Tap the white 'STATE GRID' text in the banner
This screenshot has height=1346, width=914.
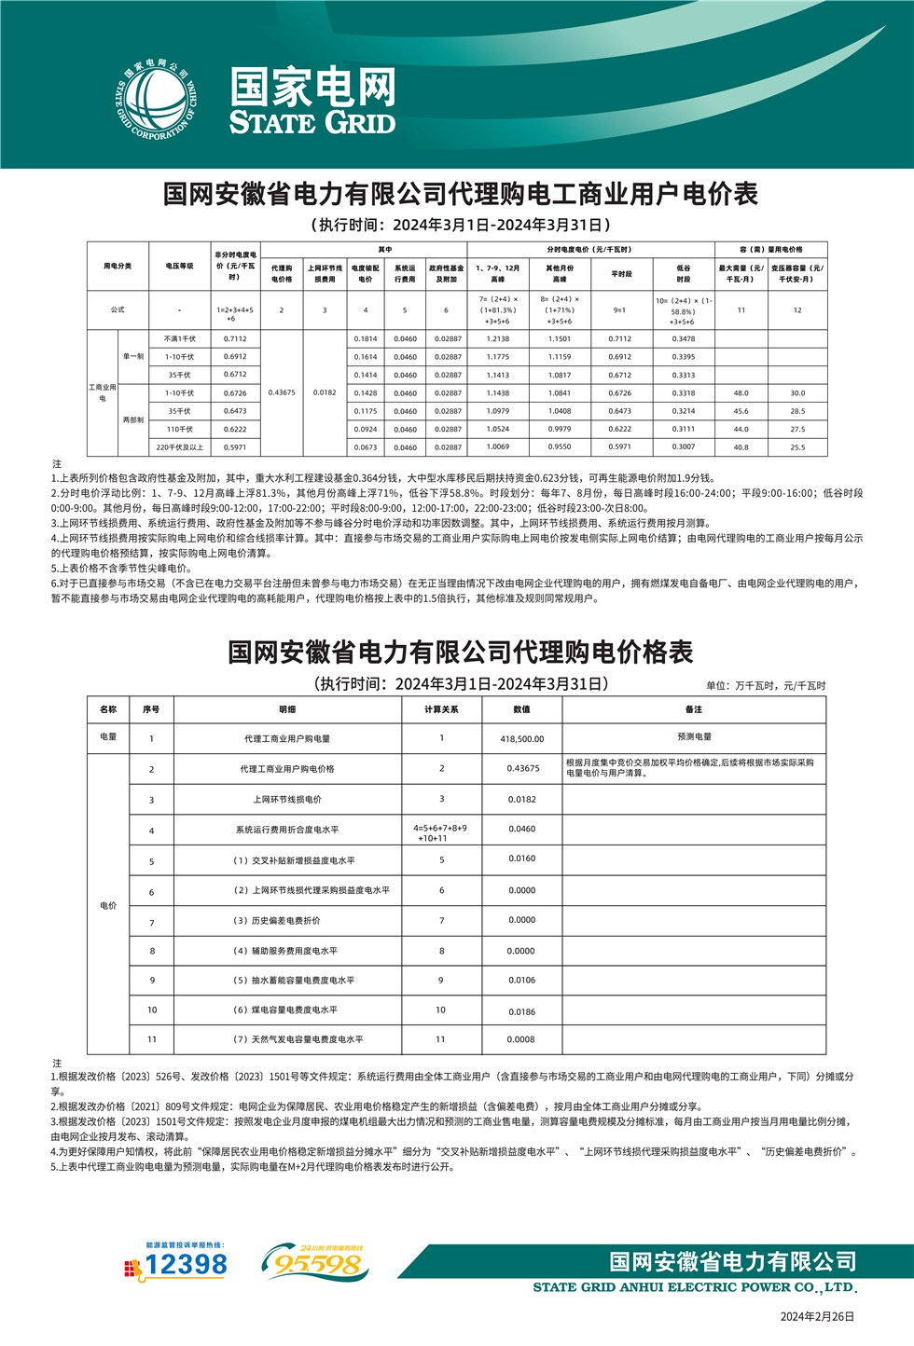[312, 122]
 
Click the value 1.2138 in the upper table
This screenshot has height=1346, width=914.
[498, 339]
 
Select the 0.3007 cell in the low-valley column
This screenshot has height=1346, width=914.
[684, 447]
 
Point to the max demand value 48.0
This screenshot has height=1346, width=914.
[741, 393]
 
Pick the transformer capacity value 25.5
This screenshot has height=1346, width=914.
[797, 447]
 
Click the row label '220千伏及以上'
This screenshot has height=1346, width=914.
[180, 447]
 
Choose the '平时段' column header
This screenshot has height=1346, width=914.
[621, 273]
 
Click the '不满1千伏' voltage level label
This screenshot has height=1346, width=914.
[180, 339]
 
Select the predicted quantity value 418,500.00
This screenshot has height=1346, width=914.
[522, 739]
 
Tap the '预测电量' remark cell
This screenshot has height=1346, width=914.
[694, 736]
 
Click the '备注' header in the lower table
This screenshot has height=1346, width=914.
[694, 709]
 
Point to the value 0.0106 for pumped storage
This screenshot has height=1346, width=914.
[522, 981]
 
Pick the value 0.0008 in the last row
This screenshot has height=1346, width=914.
[521, 1039]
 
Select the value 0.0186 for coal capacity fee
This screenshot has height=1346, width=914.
[522, 1011]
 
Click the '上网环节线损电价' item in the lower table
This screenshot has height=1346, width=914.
[287, 800]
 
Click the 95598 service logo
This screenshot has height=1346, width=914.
[314, 1264]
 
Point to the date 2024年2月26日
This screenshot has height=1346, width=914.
[817, 1317]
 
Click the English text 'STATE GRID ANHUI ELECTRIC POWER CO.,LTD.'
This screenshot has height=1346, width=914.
[695, 1287]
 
